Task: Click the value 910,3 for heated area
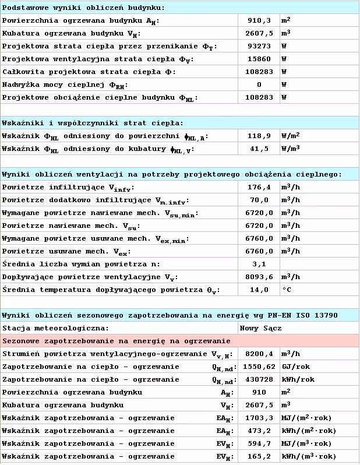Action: [x=259, y=20]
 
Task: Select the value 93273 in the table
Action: [x=259, y=46]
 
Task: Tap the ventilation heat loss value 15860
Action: [x=259, y=59]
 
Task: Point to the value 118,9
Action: [x=259, y=136]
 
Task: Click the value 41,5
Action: [x=259, y=149]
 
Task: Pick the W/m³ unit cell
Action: [x=294, y=149]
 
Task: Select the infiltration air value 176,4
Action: [x=259, y=187]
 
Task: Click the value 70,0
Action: [x=259, y=200]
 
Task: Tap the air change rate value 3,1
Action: [x=259, y=264]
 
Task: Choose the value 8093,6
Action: [x=259, y=277]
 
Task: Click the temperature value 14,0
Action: [x=259, y=290]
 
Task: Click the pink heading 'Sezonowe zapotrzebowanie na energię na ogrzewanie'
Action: [x=117, y=341]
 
